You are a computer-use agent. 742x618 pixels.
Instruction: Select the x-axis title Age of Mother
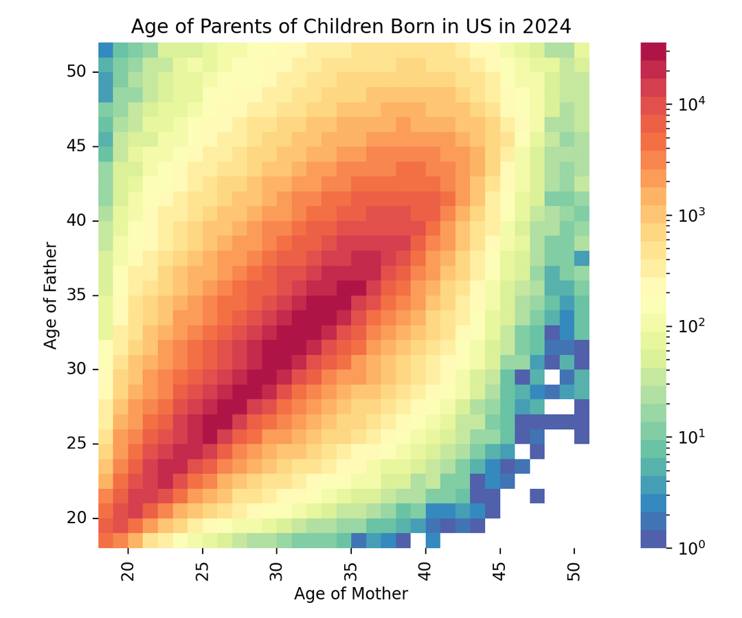pyautogui.click(x=350, y=594)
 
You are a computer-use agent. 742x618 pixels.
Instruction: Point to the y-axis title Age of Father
pyautogui.click(x=51, y=295)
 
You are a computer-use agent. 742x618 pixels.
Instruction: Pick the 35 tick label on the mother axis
pyautogui.click(x=352, y=569)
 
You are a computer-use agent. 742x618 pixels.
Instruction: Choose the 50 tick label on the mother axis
pyautogui.click(x=576, y=569)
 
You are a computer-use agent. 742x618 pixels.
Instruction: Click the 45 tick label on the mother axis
pyautogui.click(x=502, y=569)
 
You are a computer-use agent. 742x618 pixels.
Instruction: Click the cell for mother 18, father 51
pyautogui.click(x=106, y=50)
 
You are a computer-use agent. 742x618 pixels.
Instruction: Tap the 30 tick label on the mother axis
pyautogui.click(x=277, y=569)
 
